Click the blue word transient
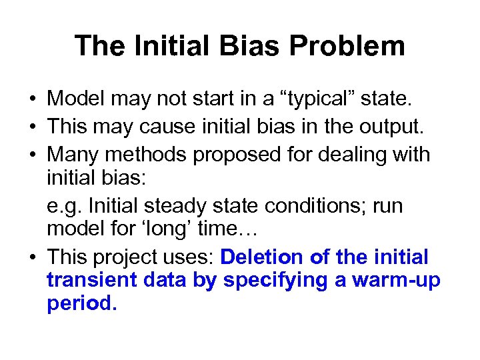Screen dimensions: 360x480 (92, 281)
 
